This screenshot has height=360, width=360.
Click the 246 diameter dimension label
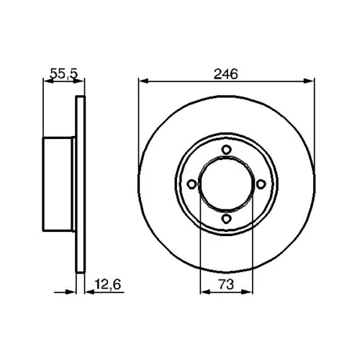[x=225, y=73]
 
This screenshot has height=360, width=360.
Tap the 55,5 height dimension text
[x=64, y=73]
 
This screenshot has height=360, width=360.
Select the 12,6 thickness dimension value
[x=108, y=284]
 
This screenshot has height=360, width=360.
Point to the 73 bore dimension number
[x=226, y=284]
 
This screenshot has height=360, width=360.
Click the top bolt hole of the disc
[x=226, y=150]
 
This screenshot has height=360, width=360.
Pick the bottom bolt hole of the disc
[x=226, y=219]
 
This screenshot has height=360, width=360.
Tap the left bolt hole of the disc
[x=192, y=184]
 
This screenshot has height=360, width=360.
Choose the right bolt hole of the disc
[x=261, y=184]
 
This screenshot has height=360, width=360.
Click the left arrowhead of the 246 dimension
[x=144, y=81]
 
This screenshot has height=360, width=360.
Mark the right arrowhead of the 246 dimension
[x=309, y=81]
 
